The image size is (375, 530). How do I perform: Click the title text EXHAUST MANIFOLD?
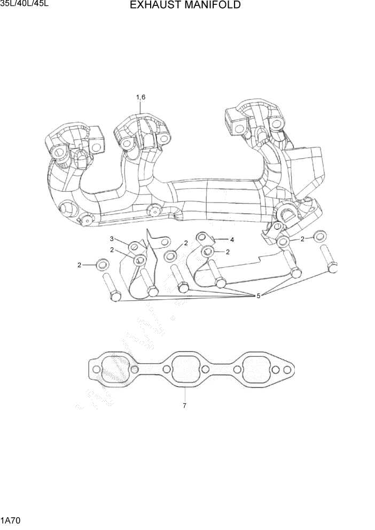point(185,5)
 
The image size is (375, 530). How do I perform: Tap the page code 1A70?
point(11,519)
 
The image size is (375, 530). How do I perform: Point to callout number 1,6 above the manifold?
point(140,97)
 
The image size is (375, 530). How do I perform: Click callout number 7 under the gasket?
point(184,406)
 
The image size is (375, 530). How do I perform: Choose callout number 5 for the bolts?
point(258,295)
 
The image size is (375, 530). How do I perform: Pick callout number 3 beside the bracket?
point(112,238)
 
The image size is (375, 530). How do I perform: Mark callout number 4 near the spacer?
point(232,239)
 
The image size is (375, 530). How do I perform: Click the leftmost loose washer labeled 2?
point(101,264)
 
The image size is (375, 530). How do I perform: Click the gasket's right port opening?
point(255,368)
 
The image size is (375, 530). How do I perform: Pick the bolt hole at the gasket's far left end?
point(95,370)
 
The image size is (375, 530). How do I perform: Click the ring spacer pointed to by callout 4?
point(202,237)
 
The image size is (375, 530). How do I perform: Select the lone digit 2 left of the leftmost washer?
point(79,264)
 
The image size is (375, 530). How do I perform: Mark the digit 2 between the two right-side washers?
point(302,239)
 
